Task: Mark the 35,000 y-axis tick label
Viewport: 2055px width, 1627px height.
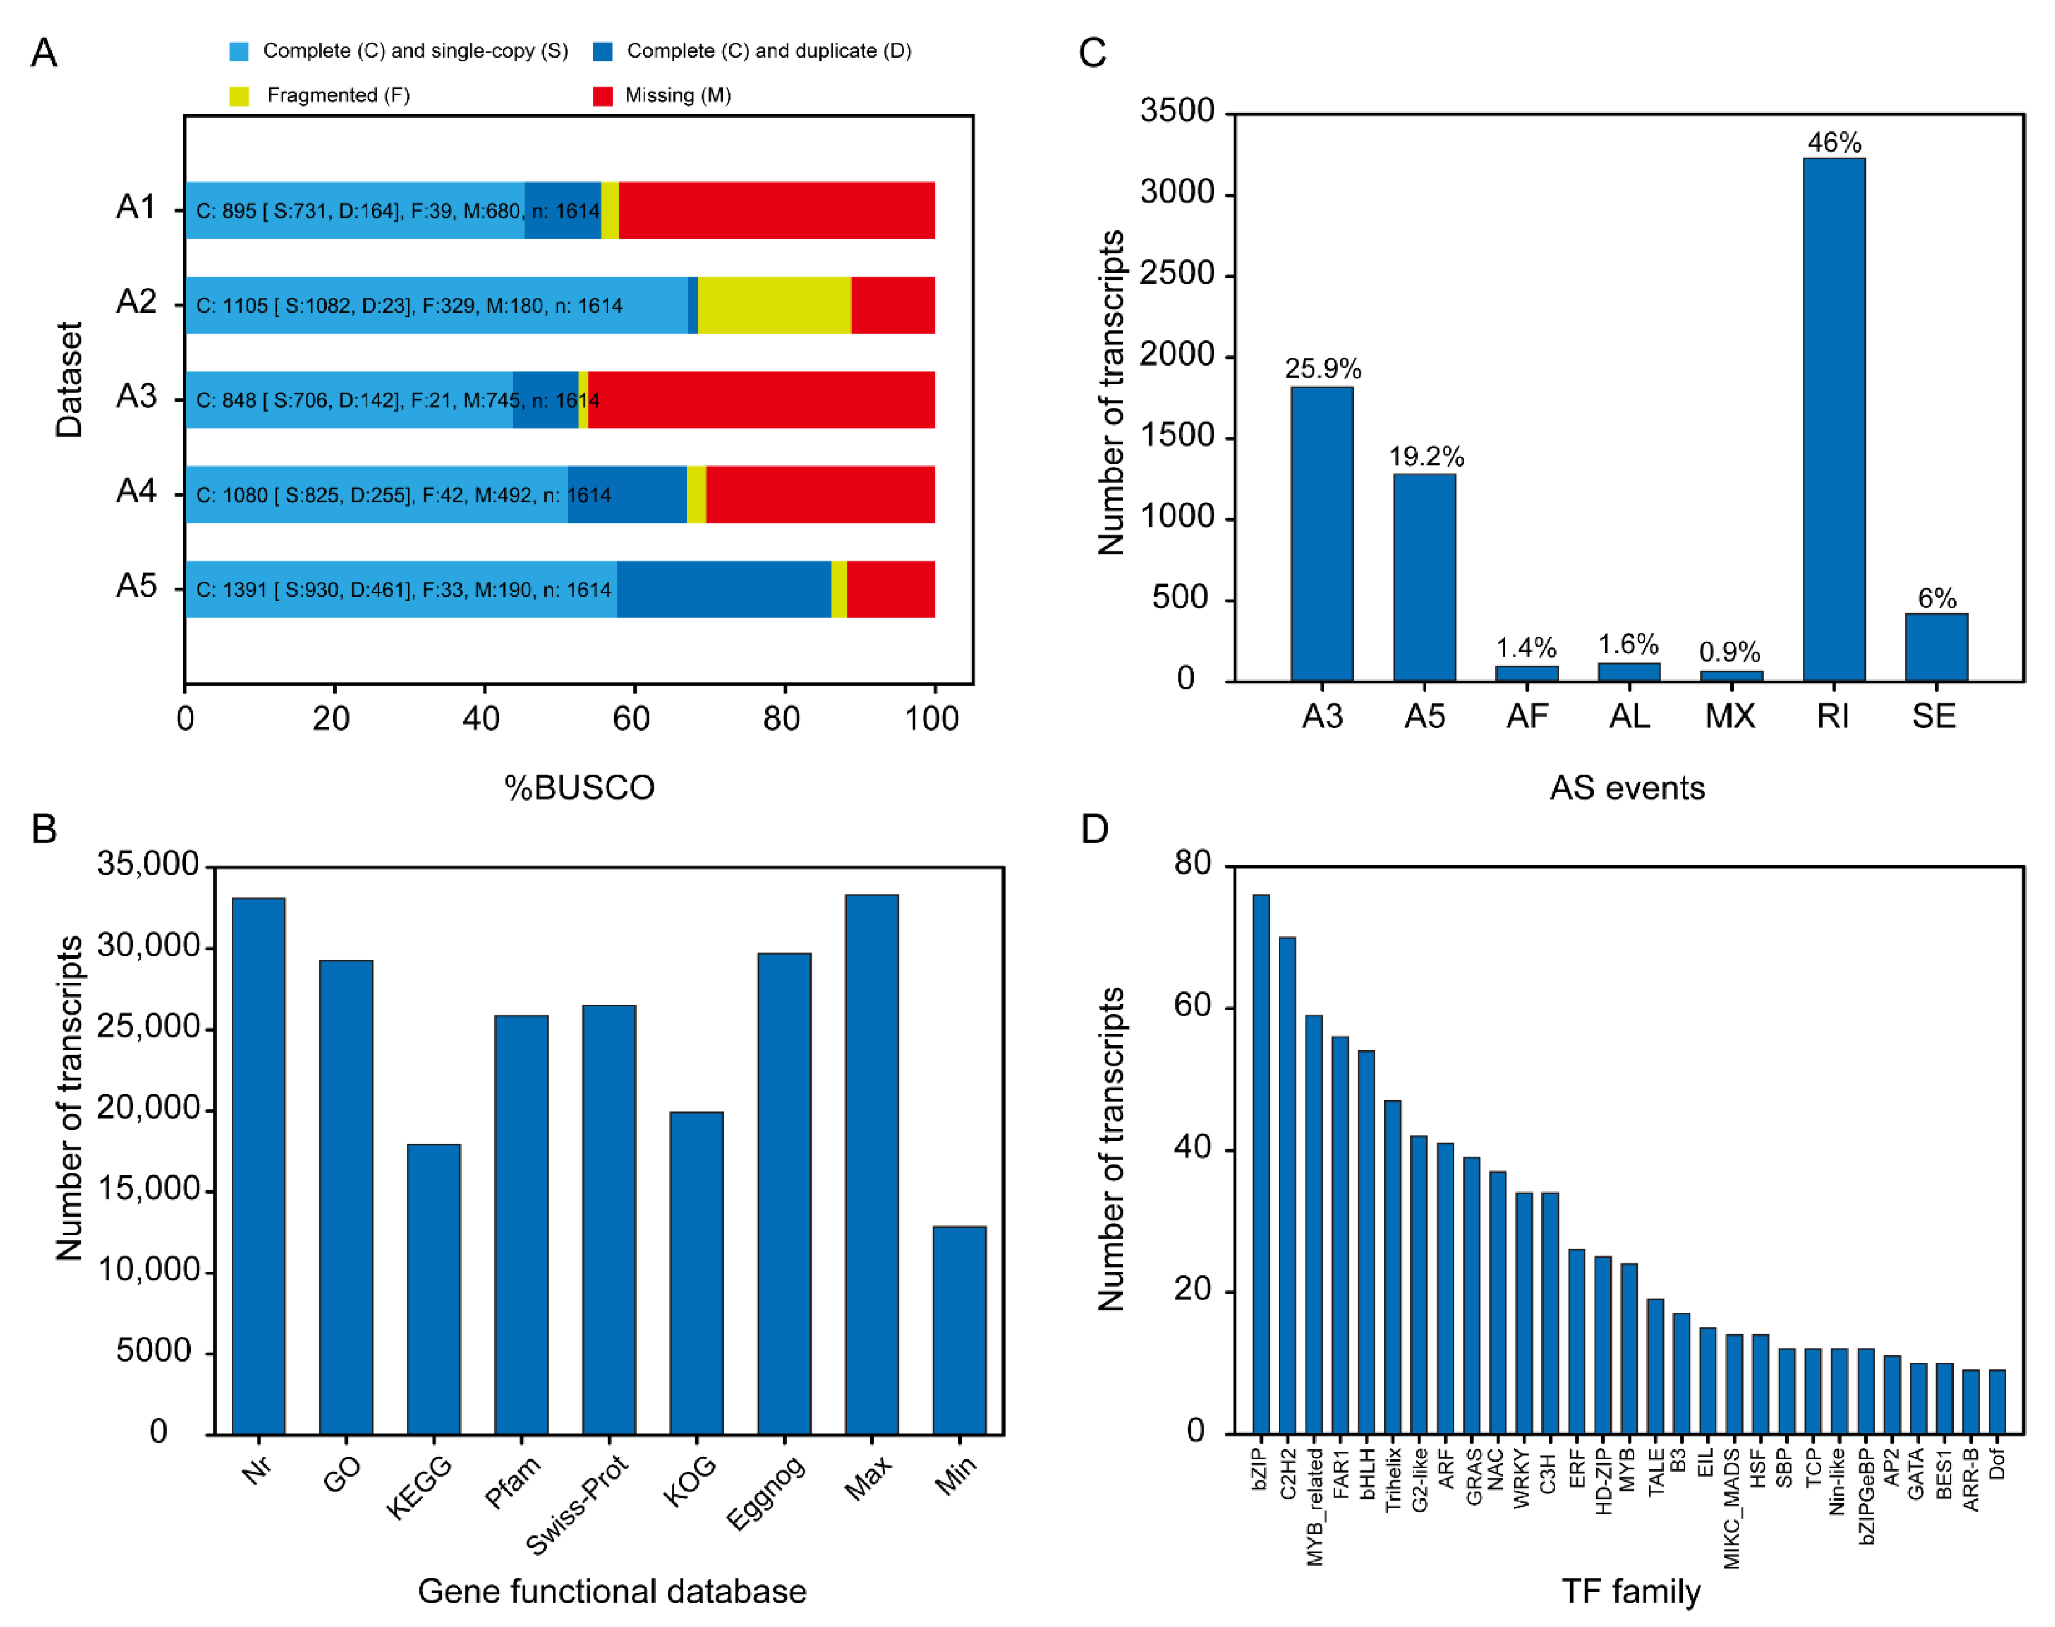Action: (x=148, y=864)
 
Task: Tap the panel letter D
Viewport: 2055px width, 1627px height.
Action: (x=1095, y=829)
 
